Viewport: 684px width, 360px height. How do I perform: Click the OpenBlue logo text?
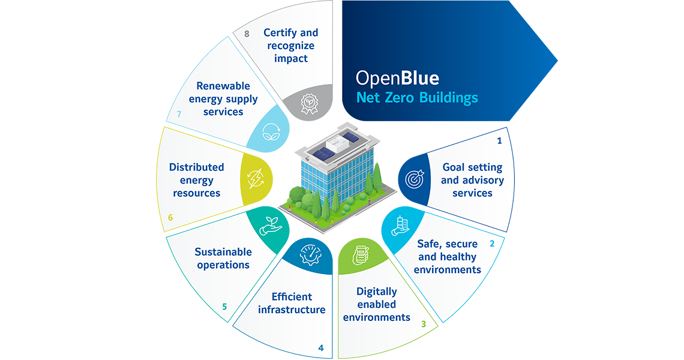click(x=397, y=78)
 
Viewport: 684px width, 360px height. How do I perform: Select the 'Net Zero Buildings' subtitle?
click(x=416, y=97)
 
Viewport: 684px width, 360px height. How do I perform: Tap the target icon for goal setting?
click(x=415, y=179)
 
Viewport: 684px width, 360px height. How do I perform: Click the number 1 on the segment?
click(x=499, y=142)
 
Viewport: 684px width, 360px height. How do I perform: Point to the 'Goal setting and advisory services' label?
click(x=472, y=180)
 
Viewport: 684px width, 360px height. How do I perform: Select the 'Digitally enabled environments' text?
click(x=377, y=304)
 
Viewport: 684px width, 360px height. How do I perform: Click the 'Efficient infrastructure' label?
click(x=292, y=303)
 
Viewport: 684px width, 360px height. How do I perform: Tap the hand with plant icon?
click(x=267, y=227)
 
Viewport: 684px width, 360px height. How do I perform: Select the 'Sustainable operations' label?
click(x=223, y=258)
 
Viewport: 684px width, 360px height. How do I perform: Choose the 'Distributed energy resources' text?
click(x=197, y=180)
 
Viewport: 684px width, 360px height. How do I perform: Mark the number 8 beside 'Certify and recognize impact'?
click(x=247, y=34)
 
